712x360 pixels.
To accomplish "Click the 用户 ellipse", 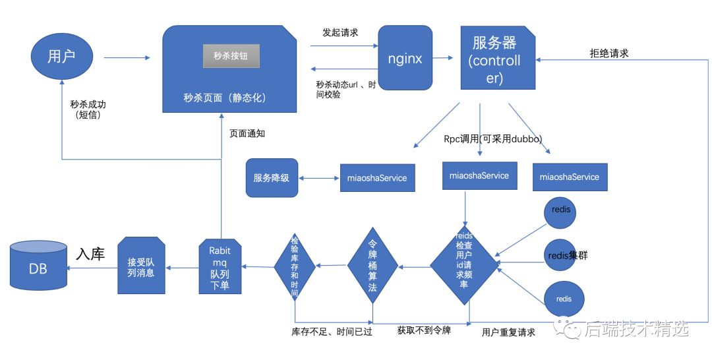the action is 62,56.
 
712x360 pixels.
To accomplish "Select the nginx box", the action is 405,57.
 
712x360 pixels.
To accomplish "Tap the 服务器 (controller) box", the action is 498,57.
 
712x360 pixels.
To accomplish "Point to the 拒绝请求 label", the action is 609,53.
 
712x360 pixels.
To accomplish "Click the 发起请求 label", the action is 340,32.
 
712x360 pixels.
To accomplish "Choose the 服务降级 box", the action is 272,177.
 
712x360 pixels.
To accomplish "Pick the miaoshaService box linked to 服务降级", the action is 377,178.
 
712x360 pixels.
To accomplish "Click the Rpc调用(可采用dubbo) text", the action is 493,139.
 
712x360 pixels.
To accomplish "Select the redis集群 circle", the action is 561,255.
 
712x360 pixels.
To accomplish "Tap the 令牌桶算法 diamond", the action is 372,266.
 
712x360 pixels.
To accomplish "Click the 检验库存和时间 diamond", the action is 295,266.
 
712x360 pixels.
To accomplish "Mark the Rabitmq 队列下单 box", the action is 220,266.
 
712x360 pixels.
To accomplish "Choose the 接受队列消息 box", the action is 141,266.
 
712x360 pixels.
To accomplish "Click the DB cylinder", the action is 39,266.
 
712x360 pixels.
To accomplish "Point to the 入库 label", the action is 90,254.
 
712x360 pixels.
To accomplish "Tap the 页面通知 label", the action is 247,133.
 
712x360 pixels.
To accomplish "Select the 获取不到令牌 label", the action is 424,330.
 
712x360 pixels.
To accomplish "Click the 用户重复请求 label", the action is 508,332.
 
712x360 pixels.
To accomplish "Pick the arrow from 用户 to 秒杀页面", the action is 127,57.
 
